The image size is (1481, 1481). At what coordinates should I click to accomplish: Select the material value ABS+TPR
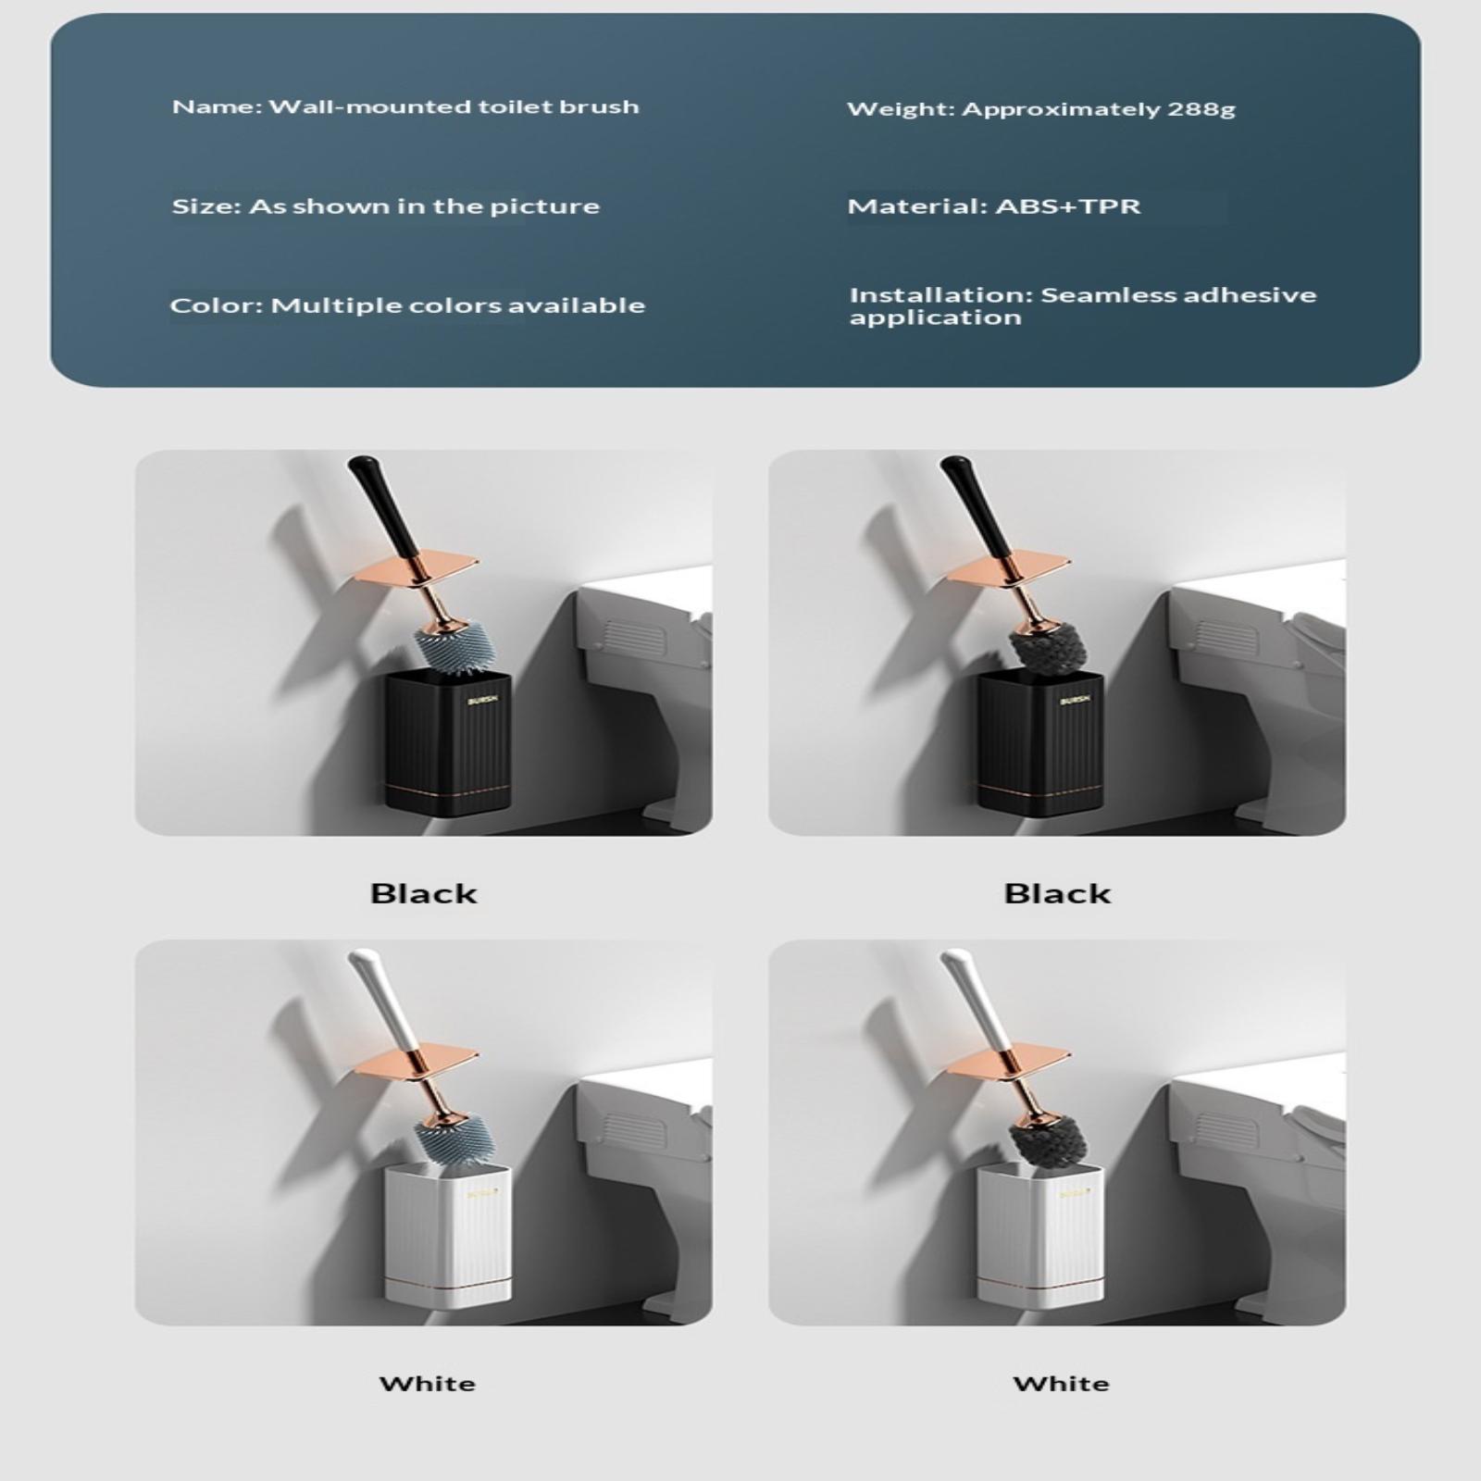coord(1068,206)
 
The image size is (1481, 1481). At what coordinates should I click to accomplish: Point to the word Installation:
coord(940,295)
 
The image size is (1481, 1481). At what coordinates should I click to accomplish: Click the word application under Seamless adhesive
coord(936,318)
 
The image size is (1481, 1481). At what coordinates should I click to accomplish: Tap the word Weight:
coord(901,110)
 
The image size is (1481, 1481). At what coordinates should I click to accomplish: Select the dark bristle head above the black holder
coord(1047,645)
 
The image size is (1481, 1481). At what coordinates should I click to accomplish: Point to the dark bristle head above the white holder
coord(1047,1139)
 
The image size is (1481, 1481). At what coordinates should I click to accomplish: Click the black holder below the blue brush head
coord(448,743)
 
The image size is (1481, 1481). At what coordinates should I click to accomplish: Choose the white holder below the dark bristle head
coord(1040,1235)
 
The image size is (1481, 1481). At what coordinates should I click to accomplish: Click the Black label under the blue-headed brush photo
coord(424,894)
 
